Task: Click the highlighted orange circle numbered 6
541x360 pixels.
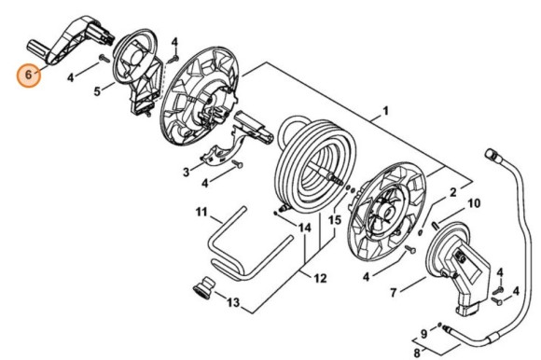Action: (29, 75)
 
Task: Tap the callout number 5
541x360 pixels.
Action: (97, 91)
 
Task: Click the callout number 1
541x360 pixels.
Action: (386, 111)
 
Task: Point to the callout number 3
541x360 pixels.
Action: (187, 172)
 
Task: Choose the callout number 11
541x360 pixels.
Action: (201, 212)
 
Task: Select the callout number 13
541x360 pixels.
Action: (233, 302)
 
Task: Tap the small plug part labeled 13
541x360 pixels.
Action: (203, 287)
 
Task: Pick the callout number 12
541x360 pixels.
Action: (320, 278)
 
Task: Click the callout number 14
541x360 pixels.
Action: (304, 228)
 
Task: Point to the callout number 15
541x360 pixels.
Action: (335, 220)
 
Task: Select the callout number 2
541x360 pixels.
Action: (452, 192)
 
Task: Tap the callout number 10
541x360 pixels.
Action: (474, 203)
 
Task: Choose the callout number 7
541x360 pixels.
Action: (394, 293)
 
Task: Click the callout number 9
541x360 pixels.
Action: (423, 334)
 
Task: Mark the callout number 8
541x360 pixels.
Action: (417, 353)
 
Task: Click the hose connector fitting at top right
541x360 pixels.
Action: (492, 154)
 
